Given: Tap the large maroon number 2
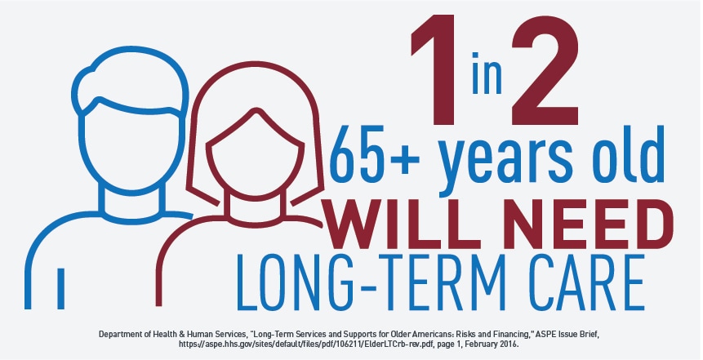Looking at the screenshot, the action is [x=545, y=70].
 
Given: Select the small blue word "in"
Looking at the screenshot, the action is [x=487, y=73].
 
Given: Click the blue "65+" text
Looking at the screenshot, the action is [x=376, y=153].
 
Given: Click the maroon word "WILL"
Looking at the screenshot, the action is [x=386, y=224].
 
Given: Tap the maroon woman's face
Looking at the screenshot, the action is [x=255, y=153].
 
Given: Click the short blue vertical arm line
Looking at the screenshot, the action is [x=61, y=289].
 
